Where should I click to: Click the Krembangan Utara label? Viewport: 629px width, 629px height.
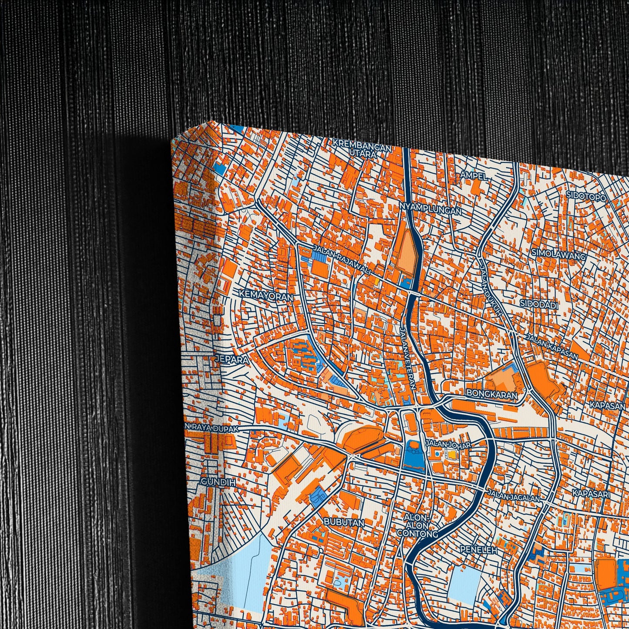click(361, 148)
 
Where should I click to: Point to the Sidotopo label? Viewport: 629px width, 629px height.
click(586, 196)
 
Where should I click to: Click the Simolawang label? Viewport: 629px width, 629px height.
click(564, 256)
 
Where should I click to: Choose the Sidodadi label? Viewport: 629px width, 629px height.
click(539, 305)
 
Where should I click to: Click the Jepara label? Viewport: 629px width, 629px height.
click(232, 360)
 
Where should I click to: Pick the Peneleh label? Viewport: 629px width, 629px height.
click(478, 550)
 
